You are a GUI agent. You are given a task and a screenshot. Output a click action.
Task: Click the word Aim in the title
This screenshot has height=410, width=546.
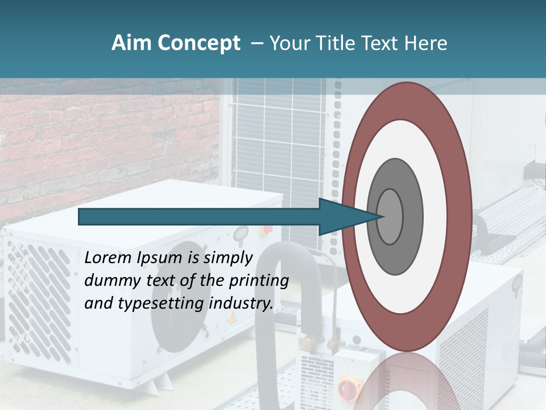click(x=131, y=43)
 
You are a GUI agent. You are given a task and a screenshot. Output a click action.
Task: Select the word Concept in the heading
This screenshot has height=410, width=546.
click(x=199, y=43)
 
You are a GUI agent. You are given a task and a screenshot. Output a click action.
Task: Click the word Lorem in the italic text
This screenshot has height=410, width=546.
click(x=107, y=258)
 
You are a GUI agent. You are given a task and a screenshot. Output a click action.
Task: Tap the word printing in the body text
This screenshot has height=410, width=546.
click(x=258, y=281)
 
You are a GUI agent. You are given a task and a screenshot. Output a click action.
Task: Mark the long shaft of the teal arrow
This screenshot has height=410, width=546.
click(x=199, y=216)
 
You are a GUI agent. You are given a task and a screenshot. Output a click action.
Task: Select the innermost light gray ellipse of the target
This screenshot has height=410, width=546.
click(x=390, y=216)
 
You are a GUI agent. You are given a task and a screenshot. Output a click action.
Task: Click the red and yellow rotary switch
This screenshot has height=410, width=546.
click(x=348, y=388)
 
